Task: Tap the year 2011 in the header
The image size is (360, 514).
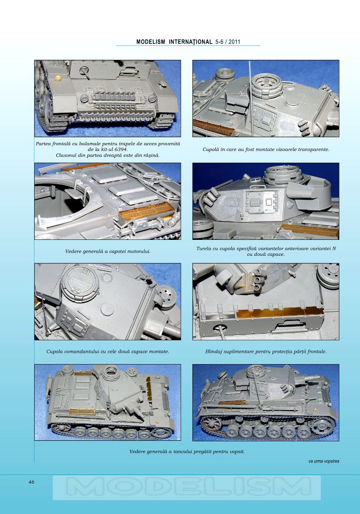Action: tap(234, 42)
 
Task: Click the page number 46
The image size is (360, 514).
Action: tap(31, 482)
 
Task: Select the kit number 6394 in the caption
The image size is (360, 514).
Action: tap(121, 149)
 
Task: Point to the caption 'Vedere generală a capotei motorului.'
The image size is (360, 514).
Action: tap(108, 252)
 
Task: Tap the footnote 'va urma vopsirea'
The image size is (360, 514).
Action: tap(323, 461)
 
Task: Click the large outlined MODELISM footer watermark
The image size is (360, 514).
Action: tap(187, 487)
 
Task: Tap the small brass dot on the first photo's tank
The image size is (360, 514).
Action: tap(59, 78)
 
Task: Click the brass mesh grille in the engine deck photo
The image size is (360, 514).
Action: tap(146, 211)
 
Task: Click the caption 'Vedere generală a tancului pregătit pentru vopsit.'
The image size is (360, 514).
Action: tap(187, 451)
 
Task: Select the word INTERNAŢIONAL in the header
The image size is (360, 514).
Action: tap(191, 42)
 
